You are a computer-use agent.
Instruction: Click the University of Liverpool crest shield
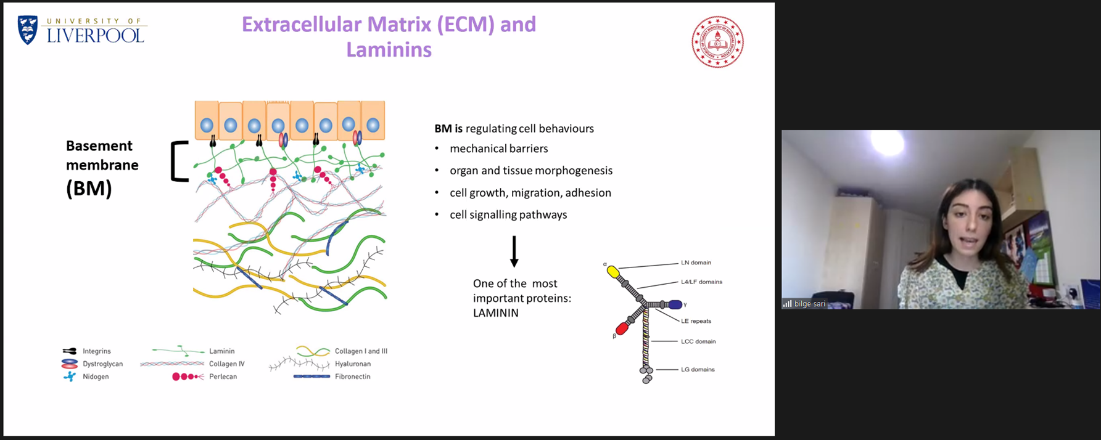click(x=28, y=30)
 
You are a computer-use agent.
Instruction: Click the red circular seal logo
click(x=717, y=42)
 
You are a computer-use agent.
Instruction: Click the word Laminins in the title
click(x=389, y=49)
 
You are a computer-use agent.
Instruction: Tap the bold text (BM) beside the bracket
click(x=89, y=188)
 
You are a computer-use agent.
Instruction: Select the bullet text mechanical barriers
click(x=498, y=149)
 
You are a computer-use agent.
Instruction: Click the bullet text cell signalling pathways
click(x=508, y=214)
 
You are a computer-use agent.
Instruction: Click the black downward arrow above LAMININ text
click(x=514, y=251)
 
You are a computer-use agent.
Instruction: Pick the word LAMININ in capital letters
click(x=495, y=312)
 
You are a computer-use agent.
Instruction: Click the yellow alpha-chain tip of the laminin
click(x=612, y=271)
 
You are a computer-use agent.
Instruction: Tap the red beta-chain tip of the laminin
click(x=622, y=329)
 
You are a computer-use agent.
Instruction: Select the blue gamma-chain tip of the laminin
click(x=675, y=304)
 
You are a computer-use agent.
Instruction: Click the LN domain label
click(x=696, y=263)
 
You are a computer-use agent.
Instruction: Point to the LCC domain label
click(x=698, y=341)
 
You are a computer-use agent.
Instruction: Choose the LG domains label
click(x=698, y=370)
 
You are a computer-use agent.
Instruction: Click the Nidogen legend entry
click(x=95, y=377)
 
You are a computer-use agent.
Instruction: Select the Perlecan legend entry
click(x=222, y=377)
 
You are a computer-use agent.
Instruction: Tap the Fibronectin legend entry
click(x=352, y=377)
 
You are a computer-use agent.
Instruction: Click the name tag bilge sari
click(x=809, y=304)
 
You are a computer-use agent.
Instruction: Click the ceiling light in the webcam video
click(x=888, y=143)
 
